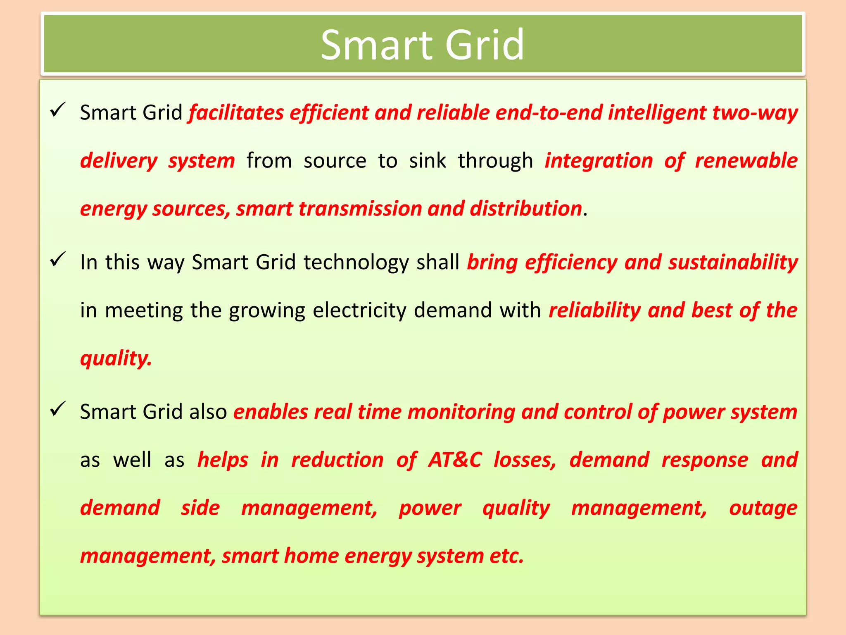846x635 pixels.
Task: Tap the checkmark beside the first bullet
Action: [x=57, y=110]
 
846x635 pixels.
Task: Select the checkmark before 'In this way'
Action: [x=57, y=259]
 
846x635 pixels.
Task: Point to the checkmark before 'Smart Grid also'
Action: [x=57, y=409]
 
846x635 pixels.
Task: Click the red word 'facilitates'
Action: [x=236, y=112]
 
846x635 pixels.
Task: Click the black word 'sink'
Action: [x=428, y=160]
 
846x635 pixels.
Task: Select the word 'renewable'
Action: [x=746, y=160]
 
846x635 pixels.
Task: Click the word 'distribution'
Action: [x=525, y=208]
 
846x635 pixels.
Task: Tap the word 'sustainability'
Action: [x=733, y=263]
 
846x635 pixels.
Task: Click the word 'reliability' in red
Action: [x=594, y=311]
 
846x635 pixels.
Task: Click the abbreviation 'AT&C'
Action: [x=454, y=460]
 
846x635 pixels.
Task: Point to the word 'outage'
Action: [x=763, y=508]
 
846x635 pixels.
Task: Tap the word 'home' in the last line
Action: [x=311, y=556]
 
